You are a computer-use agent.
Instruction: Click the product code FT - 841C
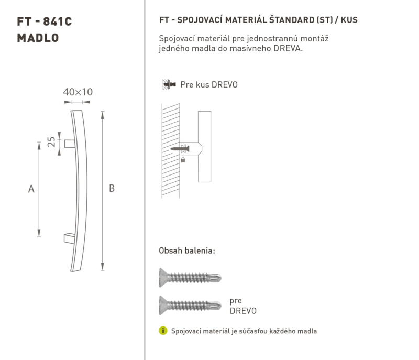click(x=45, y=21)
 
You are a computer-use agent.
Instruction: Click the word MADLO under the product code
click(x=38, y=38)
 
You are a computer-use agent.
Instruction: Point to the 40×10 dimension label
click(x=78, y=92)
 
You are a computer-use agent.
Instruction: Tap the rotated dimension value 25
click(x=51, y=142)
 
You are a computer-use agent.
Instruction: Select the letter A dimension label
click(x=31, y=189)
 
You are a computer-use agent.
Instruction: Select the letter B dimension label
click(x=112, y=189)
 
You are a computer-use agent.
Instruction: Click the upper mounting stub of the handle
click(x=70, y=144)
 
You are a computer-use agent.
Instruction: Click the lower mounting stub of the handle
click(x=70, y=238)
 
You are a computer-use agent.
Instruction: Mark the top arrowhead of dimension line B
click(x=102, y=115)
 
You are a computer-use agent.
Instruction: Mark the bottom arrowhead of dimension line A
click(x=39, y=233)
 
